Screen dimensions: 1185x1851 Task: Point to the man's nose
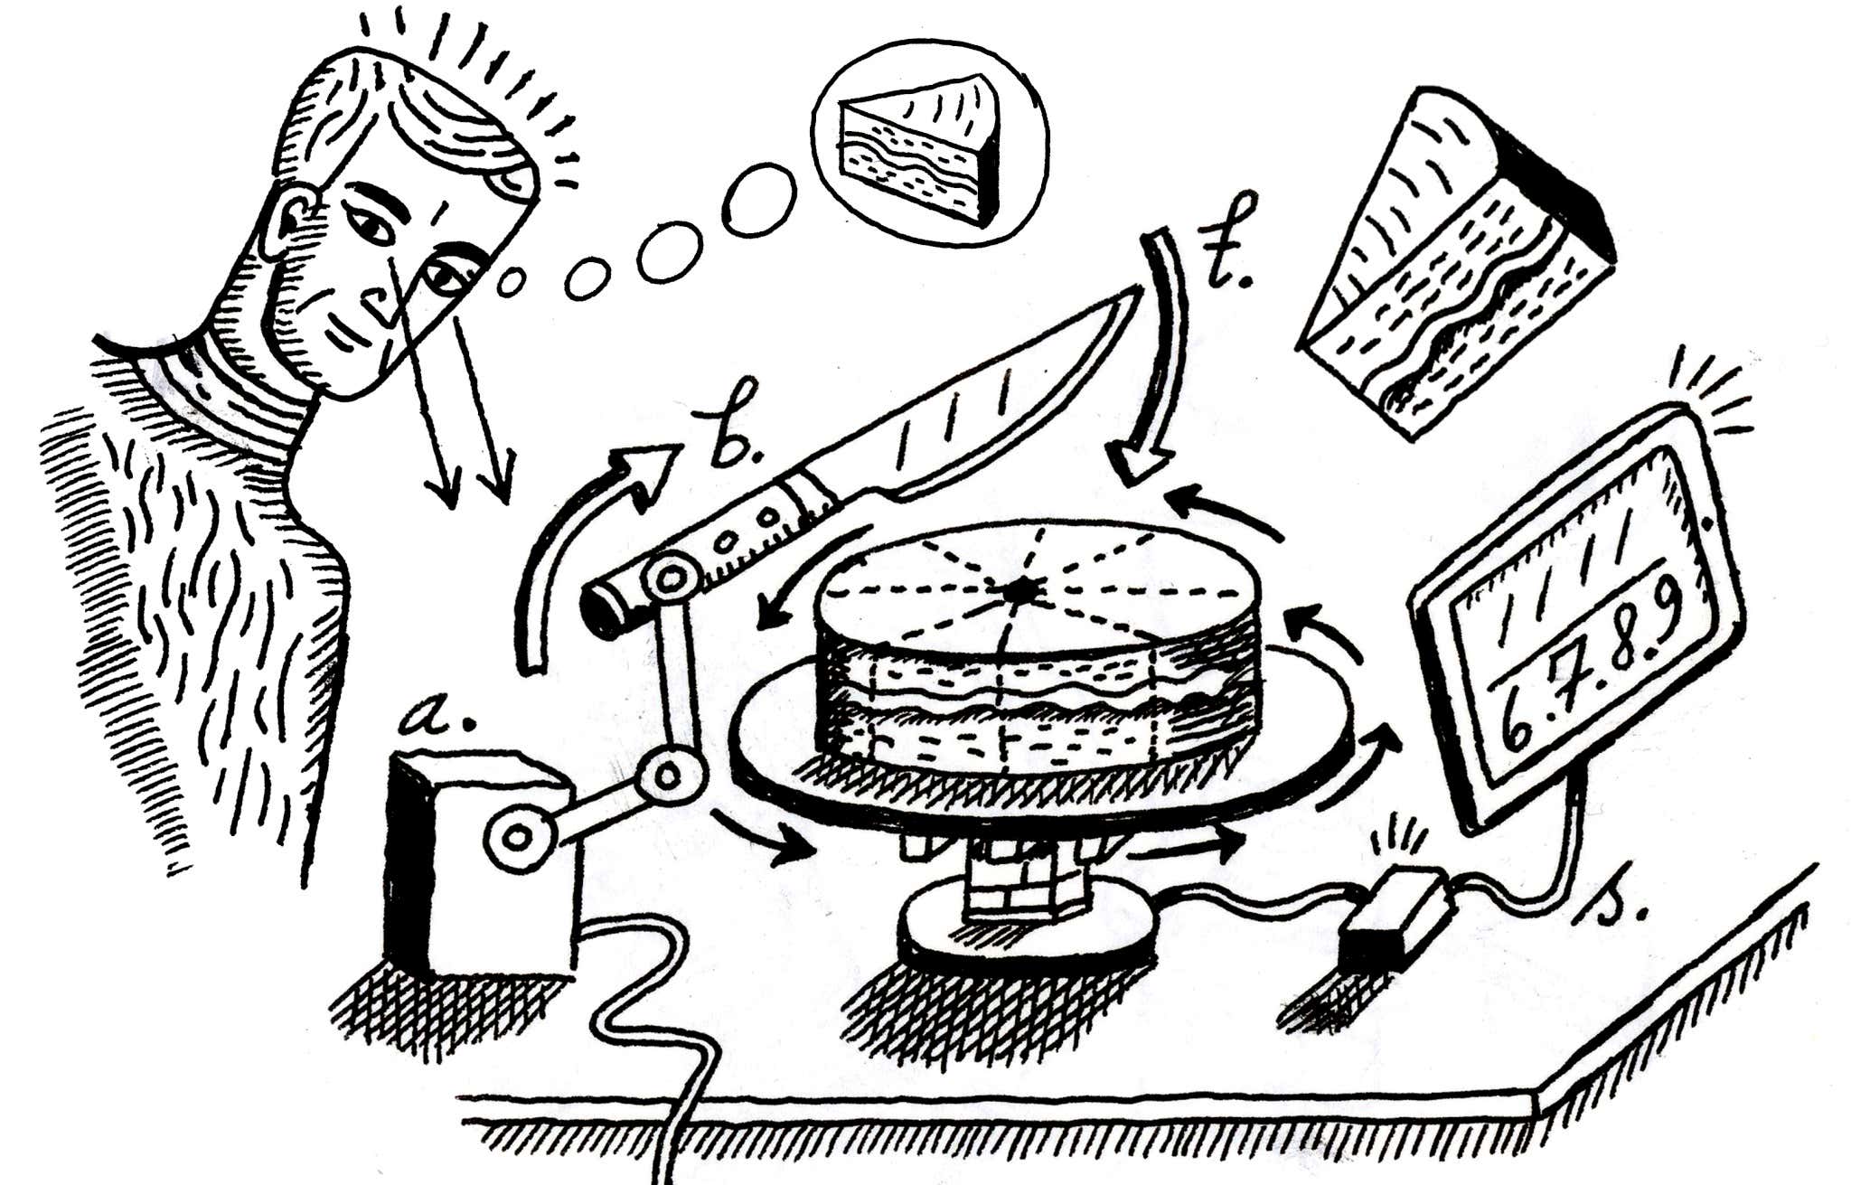pos(384,303)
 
